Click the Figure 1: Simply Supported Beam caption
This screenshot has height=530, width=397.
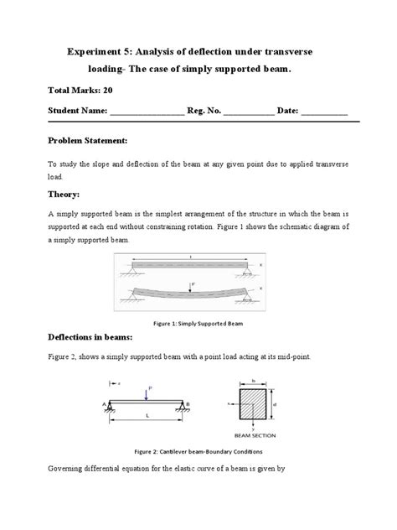pos(198,322)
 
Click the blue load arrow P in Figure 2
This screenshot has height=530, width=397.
pos(146,392)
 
